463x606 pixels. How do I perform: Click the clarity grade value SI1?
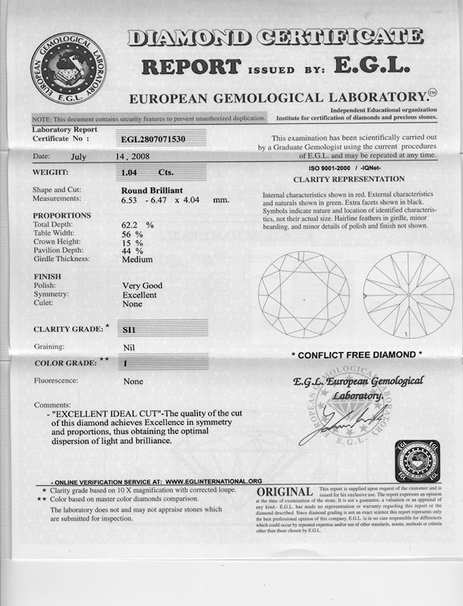tap(127, 330)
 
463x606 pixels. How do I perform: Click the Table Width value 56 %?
tap(132, 232)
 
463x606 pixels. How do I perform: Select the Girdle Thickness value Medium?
tap(137, 259)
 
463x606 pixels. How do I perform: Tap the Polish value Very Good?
tap(142, 286)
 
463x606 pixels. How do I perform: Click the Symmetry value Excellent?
tap(139, 295)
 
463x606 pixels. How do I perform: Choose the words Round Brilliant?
tap(152, 190)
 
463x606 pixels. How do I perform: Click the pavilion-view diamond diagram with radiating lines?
tap(409, 295)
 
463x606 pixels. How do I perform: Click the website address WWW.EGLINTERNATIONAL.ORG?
tap(214, 481)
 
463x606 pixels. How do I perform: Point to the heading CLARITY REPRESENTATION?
tap(349, 179)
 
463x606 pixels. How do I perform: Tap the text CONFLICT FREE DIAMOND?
tap(357, 355)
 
